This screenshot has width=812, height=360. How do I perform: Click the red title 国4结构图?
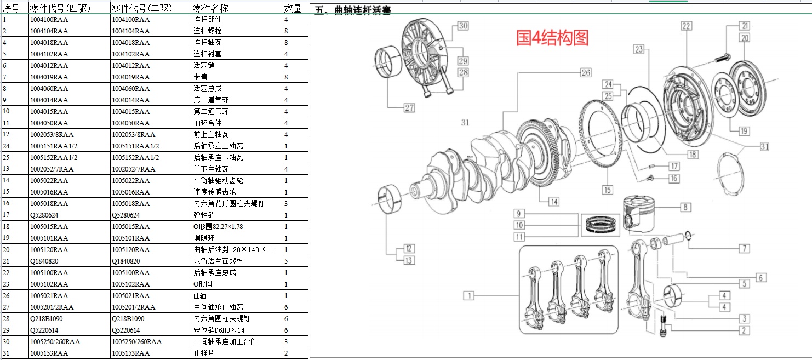pos(552,37)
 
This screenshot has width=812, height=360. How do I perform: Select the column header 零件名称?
pos(210,8)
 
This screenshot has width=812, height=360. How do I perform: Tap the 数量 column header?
pos(293,8)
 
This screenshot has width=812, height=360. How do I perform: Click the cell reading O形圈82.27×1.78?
pos(218,227)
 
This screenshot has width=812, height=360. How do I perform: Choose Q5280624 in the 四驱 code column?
pos(44,215)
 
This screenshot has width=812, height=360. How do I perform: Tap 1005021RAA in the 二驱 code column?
pos(130,296)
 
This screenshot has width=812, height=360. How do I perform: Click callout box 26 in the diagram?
pos(586,72)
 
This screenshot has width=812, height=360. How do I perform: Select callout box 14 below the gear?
pos(554,202)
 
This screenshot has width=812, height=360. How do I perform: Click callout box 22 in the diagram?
pos(686,26)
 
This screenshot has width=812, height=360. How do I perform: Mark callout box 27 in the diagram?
pos(409,108)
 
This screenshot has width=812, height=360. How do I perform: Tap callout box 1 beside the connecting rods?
pos(468,296)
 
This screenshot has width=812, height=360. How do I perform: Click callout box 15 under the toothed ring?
pos(607,190)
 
